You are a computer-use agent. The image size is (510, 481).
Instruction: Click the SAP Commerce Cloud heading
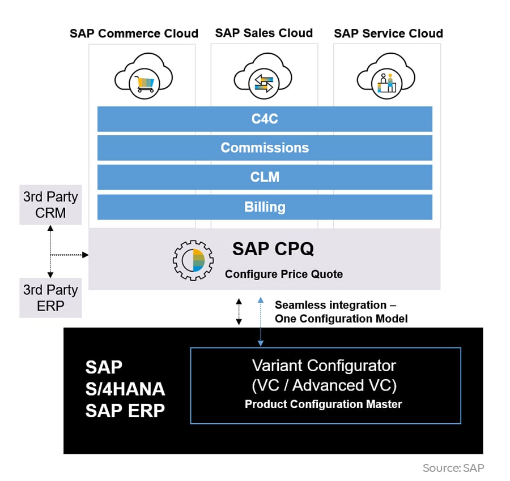[x=134, y=33]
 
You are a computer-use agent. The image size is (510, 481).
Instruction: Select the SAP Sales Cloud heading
[x=263, y=33]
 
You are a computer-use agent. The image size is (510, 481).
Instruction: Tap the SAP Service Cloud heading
[x=388, y=33]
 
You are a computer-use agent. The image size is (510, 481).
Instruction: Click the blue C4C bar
[x=265, y=119]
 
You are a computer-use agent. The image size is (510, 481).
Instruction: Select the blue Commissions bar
[x=265, y=148]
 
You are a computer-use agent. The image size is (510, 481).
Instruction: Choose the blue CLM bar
[x=265, y=177]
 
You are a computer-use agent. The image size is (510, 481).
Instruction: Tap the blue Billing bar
[x=265, y=207]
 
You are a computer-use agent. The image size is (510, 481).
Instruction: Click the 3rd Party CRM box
[x=50, y=205]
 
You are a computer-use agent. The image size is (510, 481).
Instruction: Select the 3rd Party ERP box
[x=50, y=298]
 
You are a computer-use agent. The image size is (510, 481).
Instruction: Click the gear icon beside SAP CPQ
[x=193, y=259]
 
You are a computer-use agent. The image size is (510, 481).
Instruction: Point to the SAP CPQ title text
[x=273, y=249]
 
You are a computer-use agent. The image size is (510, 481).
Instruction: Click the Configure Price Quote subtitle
[x=283, y=274]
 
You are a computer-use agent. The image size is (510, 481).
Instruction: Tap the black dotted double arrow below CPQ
[x=239, y=312]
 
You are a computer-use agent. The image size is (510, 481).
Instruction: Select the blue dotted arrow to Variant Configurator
[x=260, y=320]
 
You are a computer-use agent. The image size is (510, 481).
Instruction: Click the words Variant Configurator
[x=324, y=365]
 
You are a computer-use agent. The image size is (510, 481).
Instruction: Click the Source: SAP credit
[x=453, y=468]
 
